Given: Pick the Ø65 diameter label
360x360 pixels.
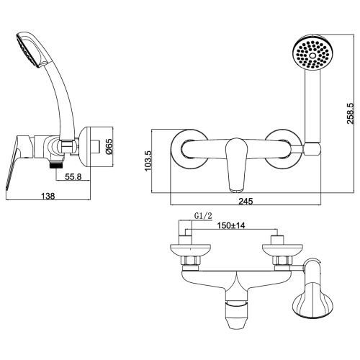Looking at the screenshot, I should point(109,148).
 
